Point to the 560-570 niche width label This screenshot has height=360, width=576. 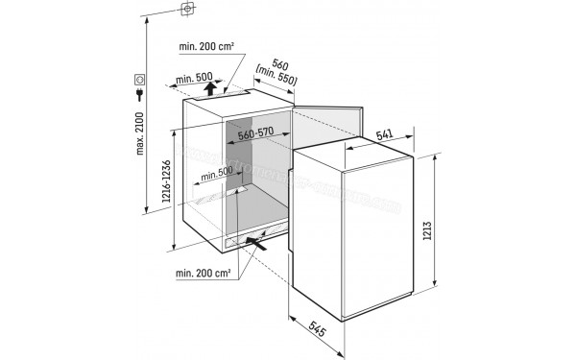pos(256,134)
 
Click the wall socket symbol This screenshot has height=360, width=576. pos(140,79)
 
